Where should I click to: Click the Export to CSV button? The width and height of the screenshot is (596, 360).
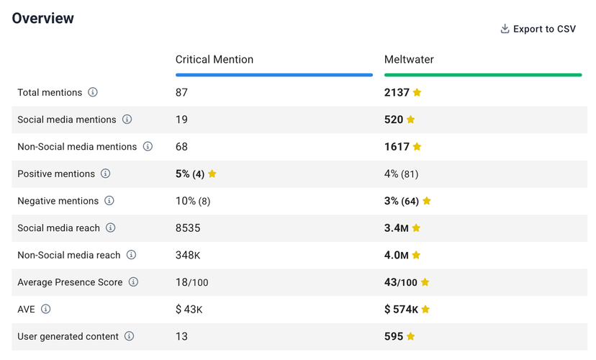(538, 29)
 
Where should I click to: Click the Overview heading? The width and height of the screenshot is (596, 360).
(43, 18)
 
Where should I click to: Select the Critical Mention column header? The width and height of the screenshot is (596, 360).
(214, 60)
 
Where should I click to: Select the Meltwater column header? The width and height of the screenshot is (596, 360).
(409, 60)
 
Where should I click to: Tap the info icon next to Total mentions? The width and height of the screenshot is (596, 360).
(93, 92)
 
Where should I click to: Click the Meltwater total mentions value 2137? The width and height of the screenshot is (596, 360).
(397, 92)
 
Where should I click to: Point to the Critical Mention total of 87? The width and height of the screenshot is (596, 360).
(181, 92)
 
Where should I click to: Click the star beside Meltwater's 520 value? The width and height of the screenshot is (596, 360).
(411, 120)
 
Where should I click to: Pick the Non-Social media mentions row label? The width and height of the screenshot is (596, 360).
(77, 146)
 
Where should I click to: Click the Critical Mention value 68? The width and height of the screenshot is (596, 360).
(181, 146)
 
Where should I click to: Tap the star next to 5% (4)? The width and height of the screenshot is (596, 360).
(212, 174)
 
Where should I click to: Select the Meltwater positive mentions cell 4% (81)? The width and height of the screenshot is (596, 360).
(401, 174)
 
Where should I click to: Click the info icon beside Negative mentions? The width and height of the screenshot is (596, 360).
(109, 201)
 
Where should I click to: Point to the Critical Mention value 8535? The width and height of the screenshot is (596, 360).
(189, 228)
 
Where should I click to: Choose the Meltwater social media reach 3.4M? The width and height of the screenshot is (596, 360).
(397, 228)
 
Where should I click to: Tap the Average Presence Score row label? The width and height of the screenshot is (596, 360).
(70, 282)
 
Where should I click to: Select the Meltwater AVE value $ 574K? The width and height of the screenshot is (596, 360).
(401, 309)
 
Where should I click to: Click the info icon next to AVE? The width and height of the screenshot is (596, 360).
(46, 309)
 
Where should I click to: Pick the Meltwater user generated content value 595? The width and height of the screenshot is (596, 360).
(394, 336)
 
